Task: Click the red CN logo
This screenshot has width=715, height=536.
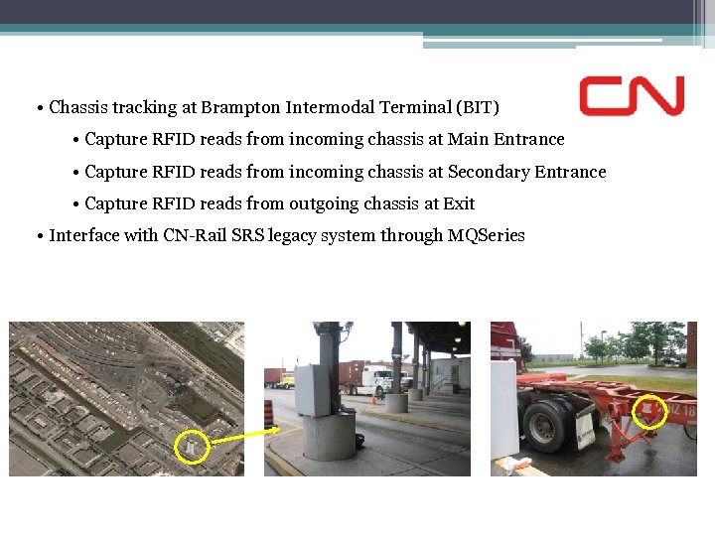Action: (x=633, y=96)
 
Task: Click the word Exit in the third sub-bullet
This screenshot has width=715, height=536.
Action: (x=459, y=203)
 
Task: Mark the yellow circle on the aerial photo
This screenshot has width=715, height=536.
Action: (x=193, y=446)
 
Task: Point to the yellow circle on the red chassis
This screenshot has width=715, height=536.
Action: (x=650, y=410)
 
